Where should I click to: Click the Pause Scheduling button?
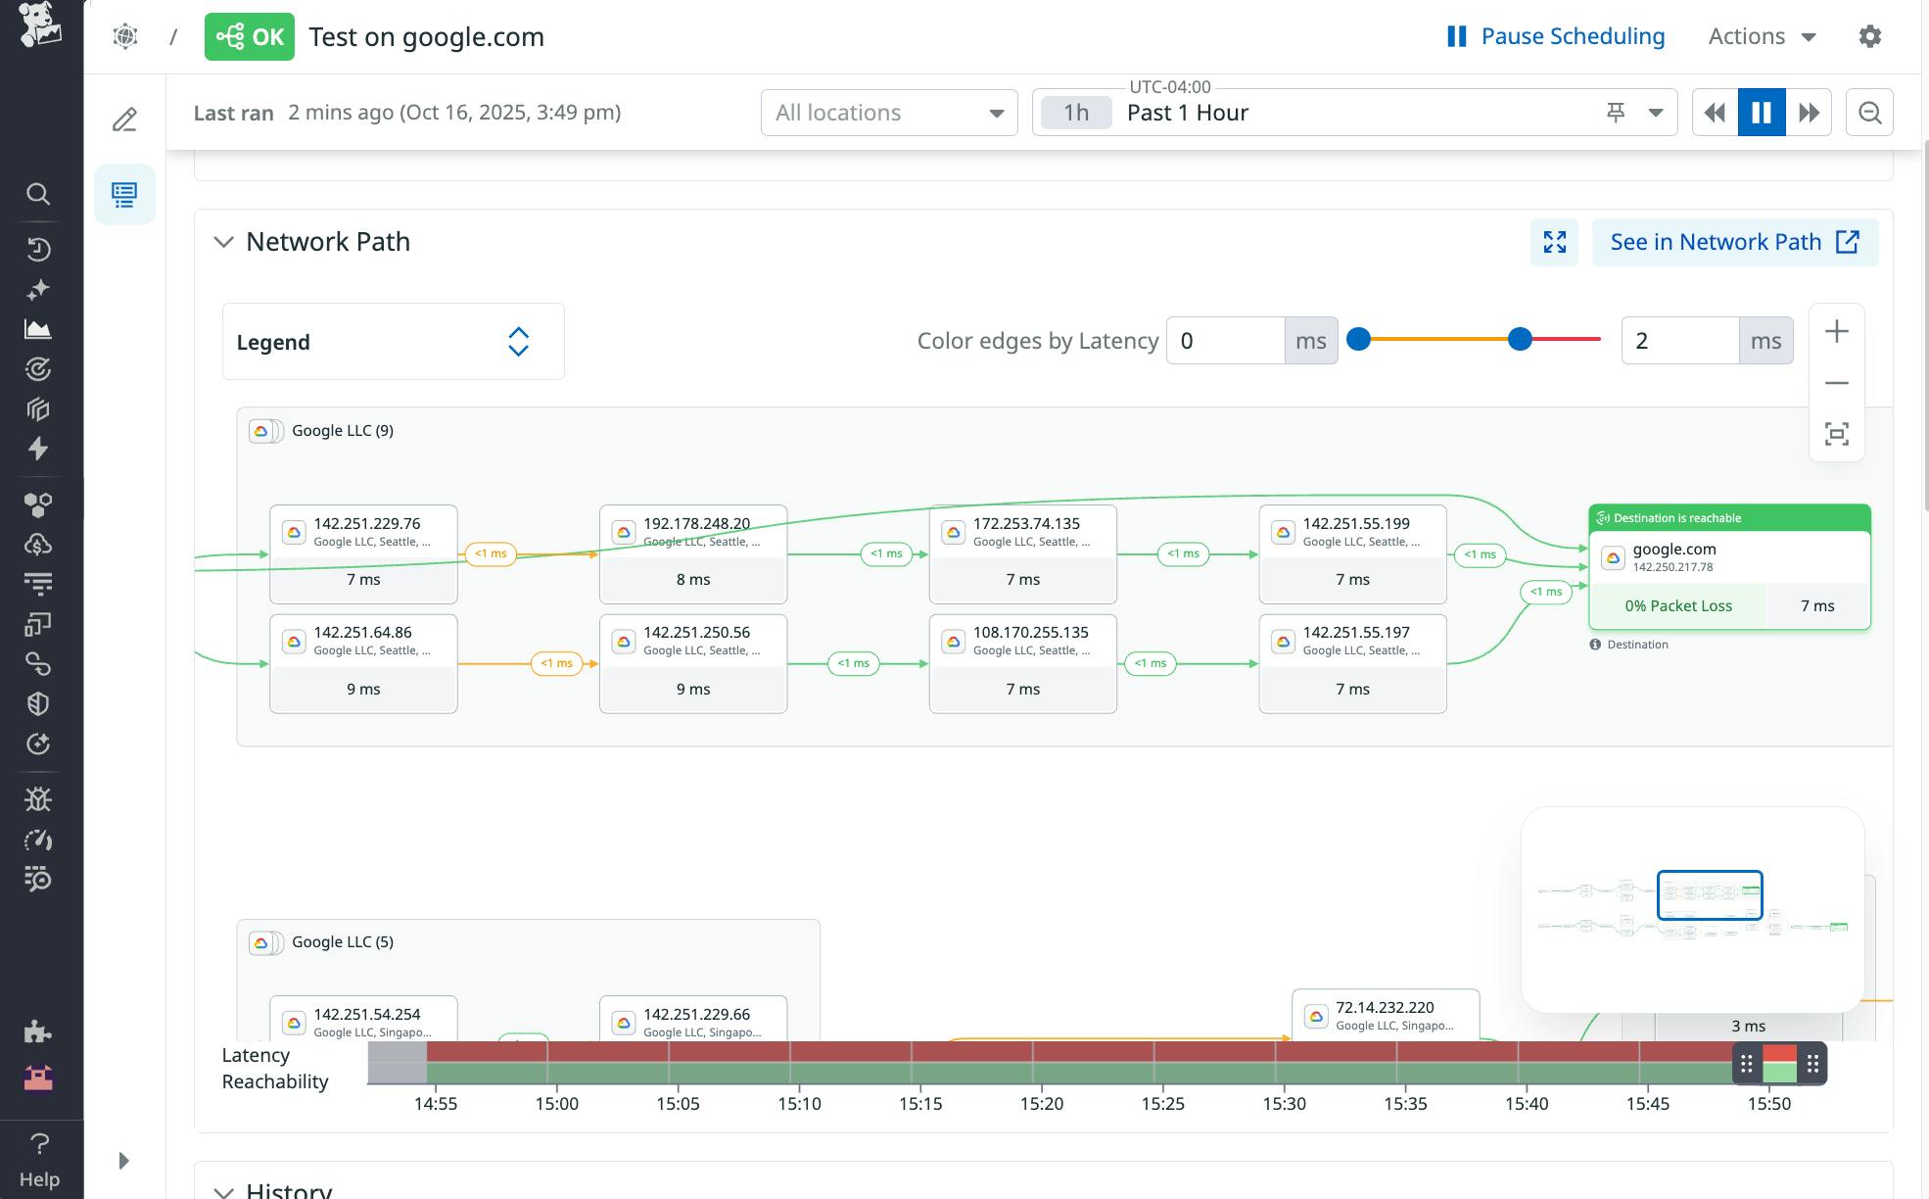click(1556, 36)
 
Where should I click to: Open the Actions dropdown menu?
click(1762, 36)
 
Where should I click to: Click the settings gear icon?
click(1869, 36)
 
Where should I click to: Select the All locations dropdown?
click(888, 113)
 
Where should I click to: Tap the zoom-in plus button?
click(1837, 332)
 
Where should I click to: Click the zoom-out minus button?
click(1837, 383)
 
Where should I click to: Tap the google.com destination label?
click(1673, 550)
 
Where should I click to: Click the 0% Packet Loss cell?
click(1677, 606)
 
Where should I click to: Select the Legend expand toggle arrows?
click(518, 342)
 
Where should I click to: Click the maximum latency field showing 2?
click(1679, 341)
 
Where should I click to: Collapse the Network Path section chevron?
click(224, 242)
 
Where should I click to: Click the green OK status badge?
click(250, 37)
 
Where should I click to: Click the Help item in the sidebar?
click(39, 1161)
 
